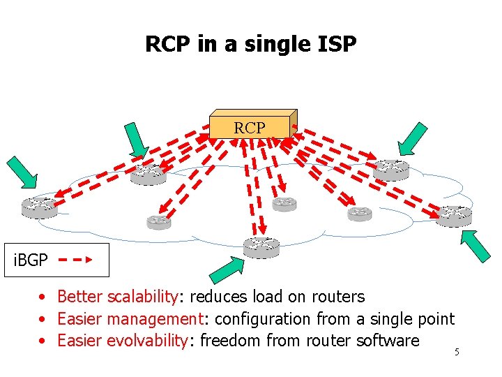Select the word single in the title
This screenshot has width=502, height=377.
point(268,44)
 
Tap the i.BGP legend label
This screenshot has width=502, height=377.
point(31,260)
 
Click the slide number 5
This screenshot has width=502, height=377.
point(457,352)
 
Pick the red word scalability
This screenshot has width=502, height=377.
point(142,297)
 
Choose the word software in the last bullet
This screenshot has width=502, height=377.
point(387,341)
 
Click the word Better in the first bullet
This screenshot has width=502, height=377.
point(80,297)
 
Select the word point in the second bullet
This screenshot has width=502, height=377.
point(435,319)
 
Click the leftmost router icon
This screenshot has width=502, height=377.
point(39,207)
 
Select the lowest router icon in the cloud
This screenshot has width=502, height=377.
point(261,246)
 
